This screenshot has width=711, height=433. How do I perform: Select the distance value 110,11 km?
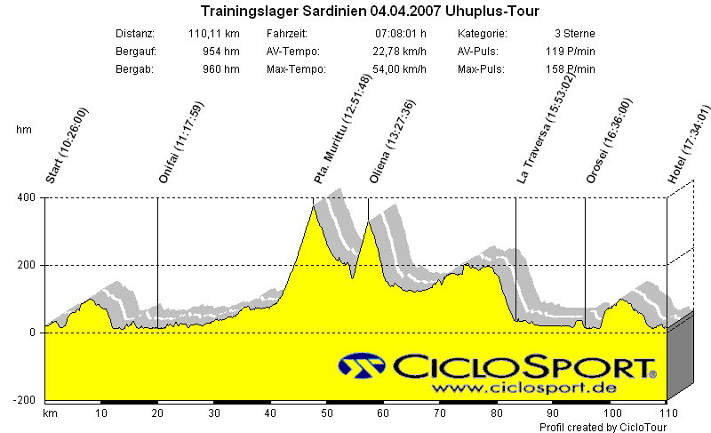coord(214,34)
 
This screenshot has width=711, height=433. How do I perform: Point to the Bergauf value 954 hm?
coord(221,52)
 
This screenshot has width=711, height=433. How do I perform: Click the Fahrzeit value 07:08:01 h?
coord(398,34)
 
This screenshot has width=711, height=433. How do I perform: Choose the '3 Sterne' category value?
coord(575,34)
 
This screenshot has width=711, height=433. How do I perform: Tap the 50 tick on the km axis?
coord(327,414)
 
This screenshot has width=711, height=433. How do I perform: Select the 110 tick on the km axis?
coord(667,414)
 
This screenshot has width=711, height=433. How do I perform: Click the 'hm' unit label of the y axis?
coord(23,130)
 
